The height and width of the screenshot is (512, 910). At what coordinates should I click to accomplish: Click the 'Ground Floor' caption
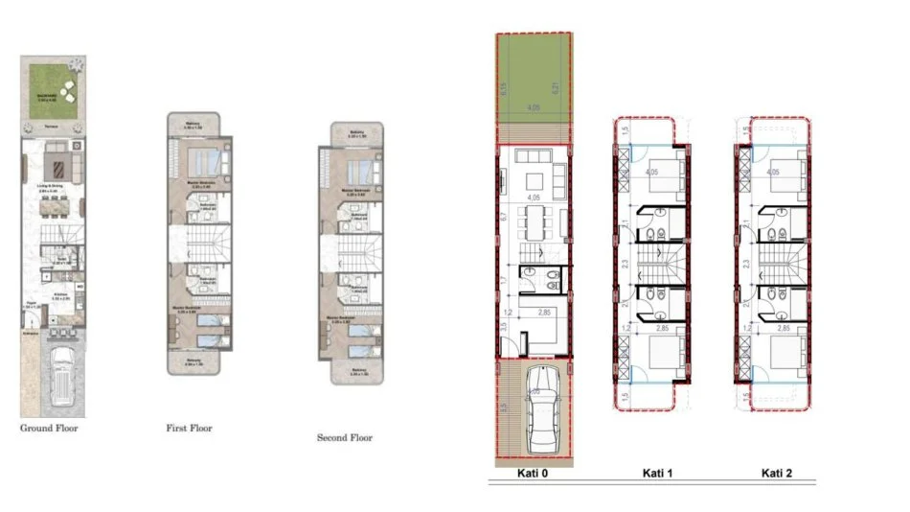pos(50,429)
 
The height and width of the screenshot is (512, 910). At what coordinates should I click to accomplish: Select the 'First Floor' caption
pos(190,429)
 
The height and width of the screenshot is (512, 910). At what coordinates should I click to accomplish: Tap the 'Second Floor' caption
pos(345,438)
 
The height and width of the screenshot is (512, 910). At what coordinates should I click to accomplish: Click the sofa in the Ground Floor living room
pos(56,147)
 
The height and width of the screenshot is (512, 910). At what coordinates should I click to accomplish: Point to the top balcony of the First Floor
pos(197,124)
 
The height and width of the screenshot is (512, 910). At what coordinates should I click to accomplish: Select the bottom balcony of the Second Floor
pos(355,372)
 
